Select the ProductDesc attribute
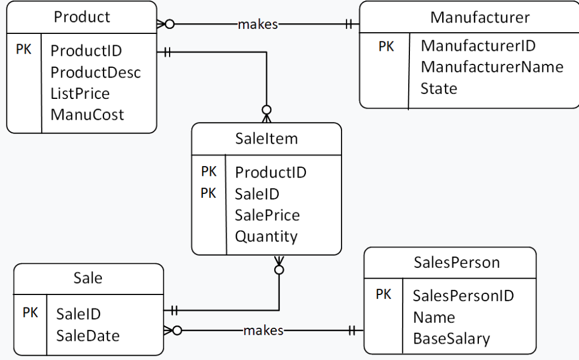click(x=96, y=72)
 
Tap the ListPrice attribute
click(x=80, y=93)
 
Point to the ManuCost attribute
click(x=87, y=115)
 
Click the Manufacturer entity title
click(x=479, y=17)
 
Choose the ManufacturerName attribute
click(x=492, y=67)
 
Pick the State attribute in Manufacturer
click(x=439, y=88)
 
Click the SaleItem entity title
click(x=266, y=138)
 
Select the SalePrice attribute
click(x=267, y=215)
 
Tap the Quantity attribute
click(x=266, y=236)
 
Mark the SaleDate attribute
click(x=88, y=336)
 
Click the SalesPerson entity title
click(x=456, y=262)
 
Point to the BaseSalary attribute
click(x=451, y=339)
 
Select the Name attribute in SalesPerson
click(x=434, y=317)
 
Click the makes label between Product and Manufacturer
click(x=258, y=24)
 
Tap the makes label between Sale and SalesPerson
click(x=263, y=331)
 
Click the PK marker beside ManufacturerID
click(x=386, y=46)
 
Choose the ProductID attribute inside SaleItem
click(x=271, y=172)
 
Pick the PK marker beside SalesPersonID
click(x=383, y=294)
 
